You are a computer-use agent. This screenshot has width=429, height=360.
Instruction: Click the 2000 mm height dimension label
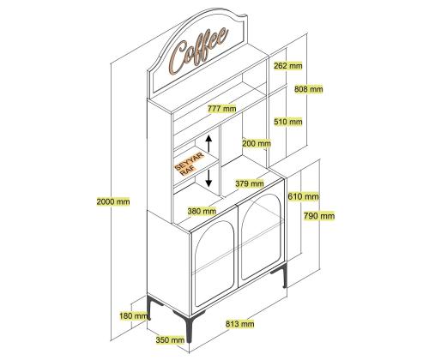[113, 201]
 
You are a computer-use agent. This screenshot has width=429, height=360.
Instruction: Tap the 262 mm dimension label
[288, 66]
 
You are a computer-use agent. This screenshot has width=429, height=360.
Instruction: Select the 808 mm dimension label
[309, 89]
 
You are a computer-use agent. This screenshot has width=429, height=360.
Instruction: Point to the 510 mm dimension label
[288, 122]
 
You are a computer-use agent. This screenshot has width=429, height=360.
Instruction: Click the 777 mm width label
[222, 109]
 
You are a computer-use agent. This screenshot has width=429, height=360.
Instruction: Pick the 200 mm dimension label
[257, 143]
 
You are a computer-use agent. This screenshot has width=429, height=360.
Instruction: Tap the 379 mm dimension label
[250, 183]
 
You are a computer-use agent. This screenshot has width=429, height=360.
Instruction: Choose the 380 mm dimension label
[202, 212]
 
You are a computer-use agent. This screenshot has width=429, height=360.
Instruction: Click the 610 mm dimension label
[303, 196]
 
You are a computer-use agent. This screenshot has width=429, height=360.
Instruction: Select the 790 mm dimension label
[319, 216]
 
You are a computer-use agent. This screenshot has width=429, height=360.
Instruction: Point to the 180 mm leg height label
[134, 316]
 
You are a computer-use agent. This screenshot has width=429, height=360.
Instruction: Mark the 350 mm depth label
[170, 340]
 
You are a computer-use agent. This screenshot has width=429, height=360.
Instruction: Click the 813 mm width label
[239, 324]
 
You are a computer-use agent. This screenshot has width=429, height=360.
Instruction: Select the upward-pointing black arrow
[208, 143]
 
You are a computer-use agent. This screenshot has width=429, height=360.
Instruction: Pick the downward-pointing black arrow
[208, 178]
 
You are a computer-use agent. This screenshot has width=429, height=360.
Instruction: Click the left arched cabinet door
[214, 263]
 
